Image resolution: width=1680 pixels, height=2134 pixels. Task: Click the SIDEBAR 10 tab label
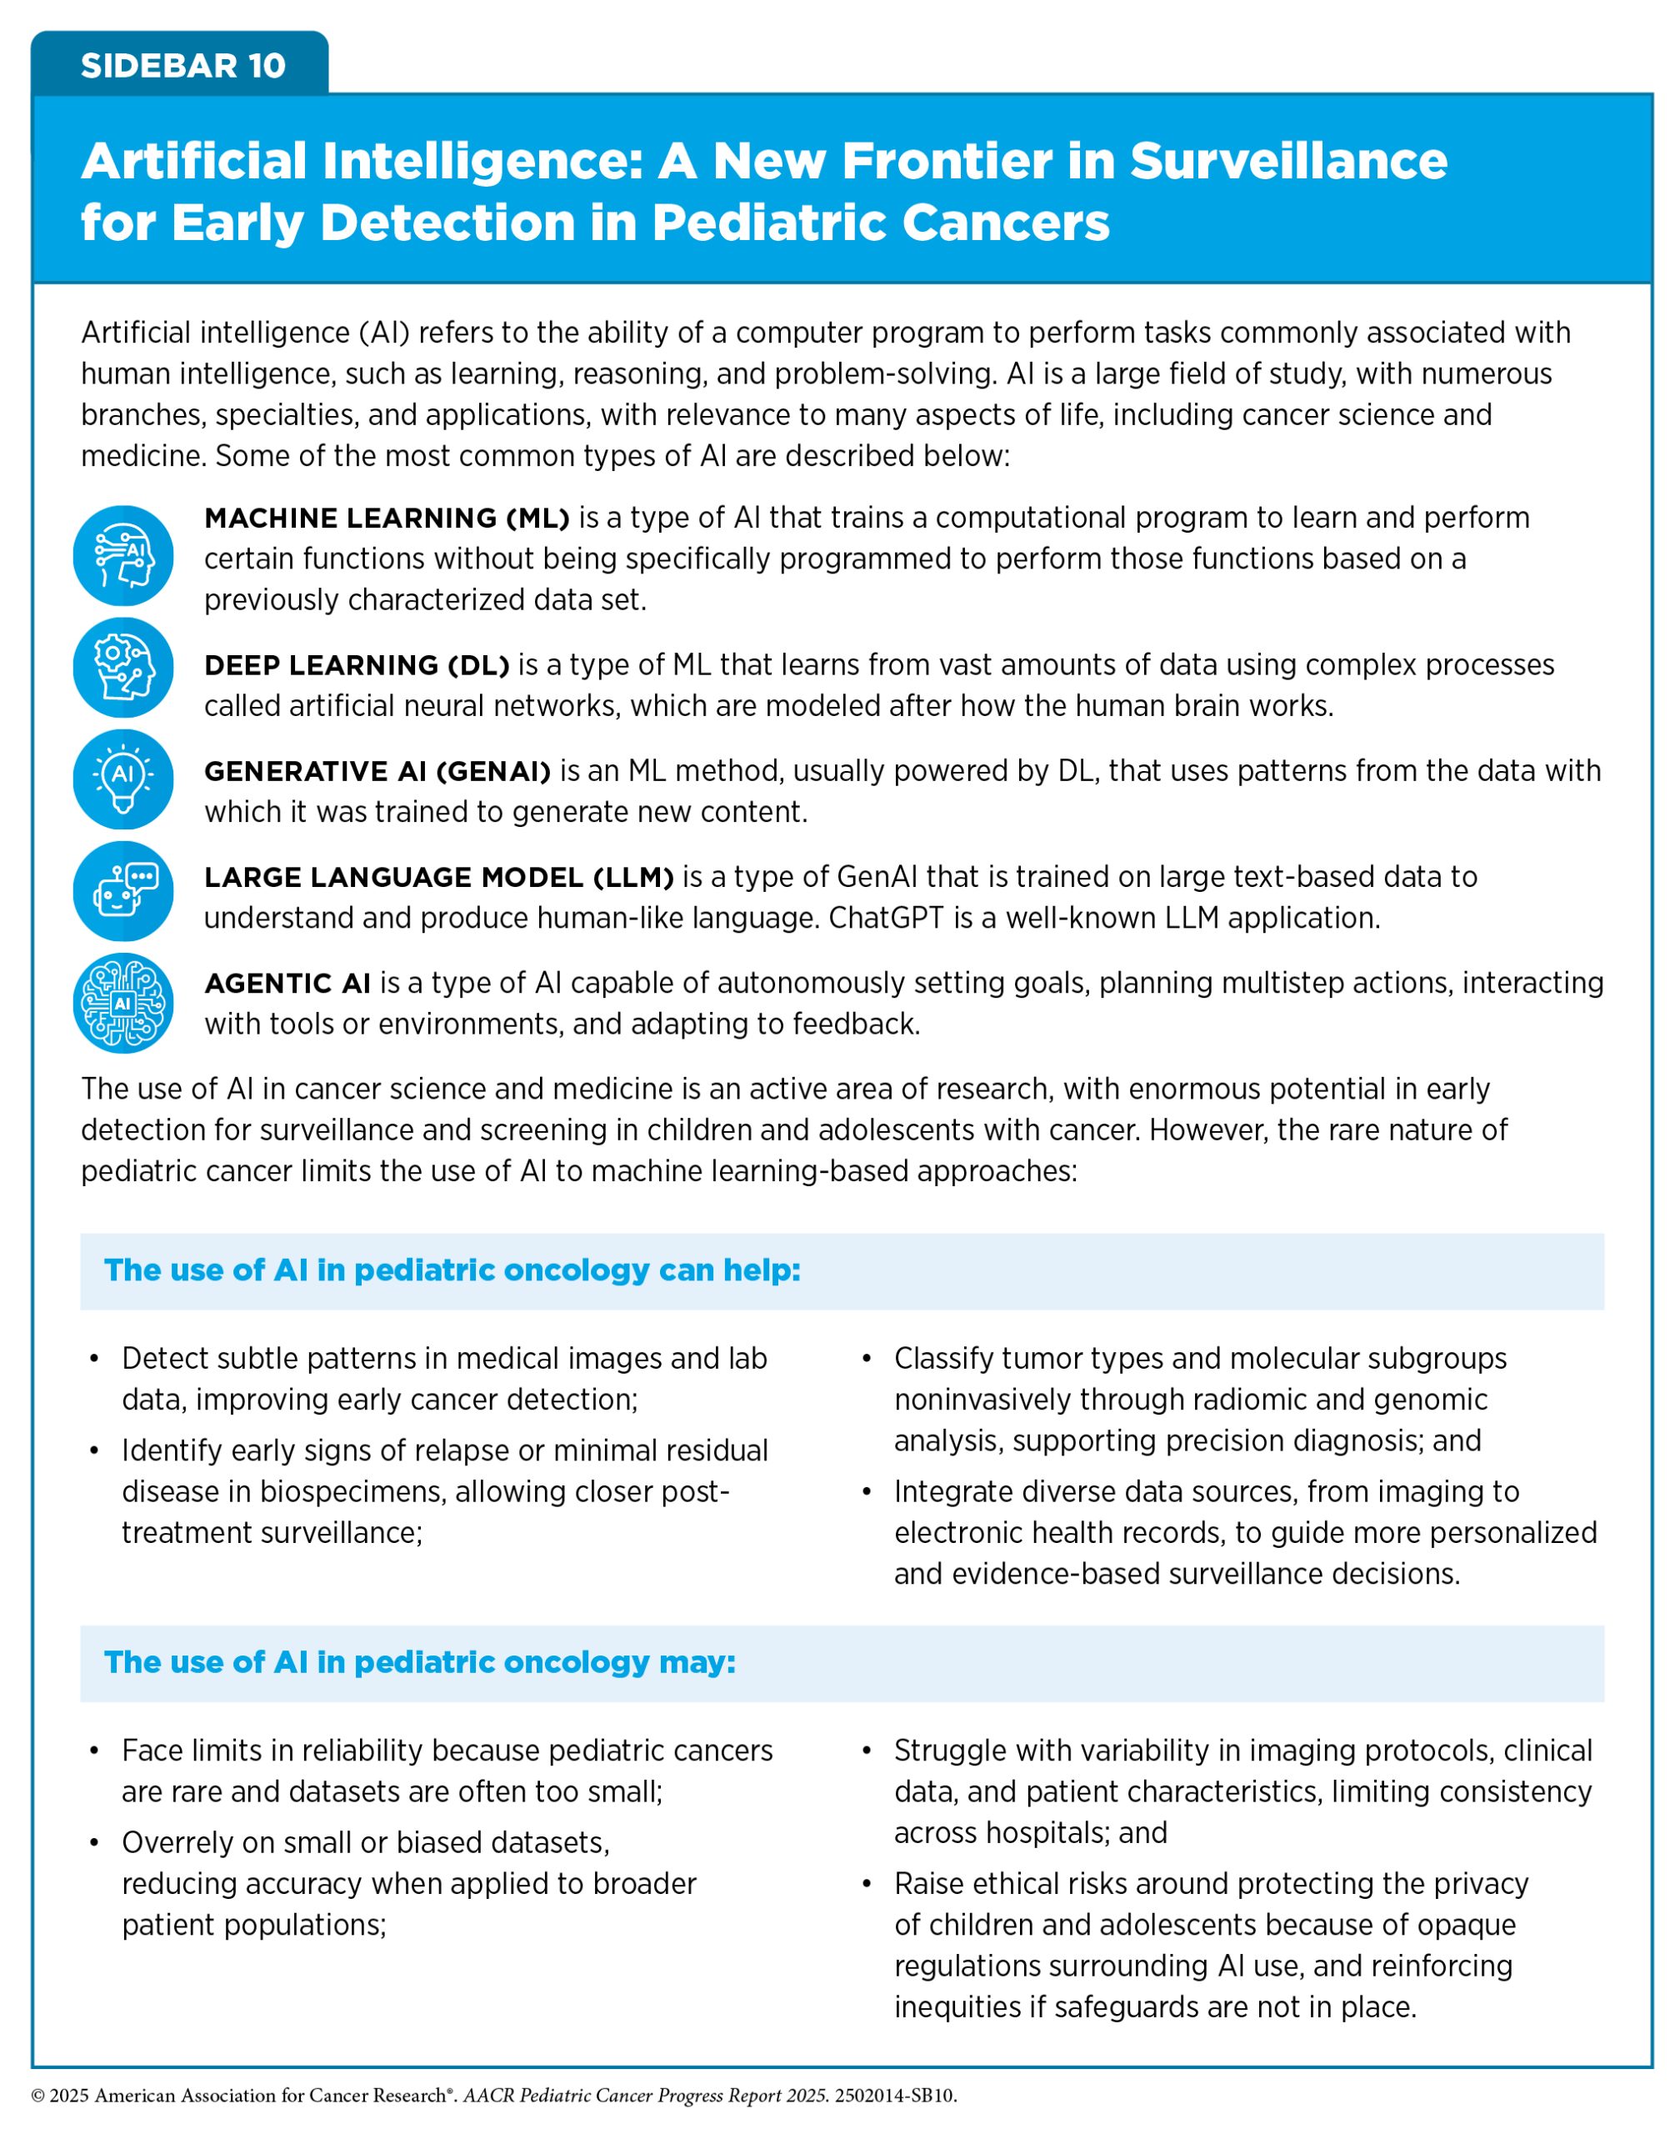pyautogui.click(x=183, y=66)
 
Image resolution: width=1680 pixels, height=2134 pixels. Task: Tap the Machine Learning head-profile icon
pyautogui.click(x=123, y=556)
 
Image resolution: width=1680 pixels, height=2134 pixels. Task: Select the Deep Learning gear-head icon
pyautogui.click(x=123, y=667)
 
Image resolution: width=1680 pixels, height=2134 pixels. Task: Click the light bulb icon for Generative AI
pyautogui.click(x=123, y=779)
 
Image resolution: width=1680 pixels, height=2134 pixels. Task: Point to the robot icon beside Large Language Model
pyautogui.click(x=123, y=890)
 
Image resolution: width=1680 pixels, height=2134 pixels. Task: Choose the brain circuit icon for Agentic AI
pyautogui.click(x=123, y=1003)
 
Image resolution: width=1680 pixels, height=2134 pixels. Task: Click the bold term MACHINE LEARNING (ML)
pyautogui.click(x=387, y=518)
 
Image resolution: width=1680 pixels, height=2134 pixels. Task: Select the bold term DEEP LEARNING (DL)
pyautogui.click(x=356, y=665)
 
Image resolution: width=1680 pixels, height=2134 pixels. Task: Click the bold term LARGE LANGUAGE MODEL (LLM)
pyautogui.click(x=438, y=877)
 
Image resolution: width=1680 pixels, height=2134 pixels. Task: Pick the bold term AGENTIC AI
pyautogui.click(x=287, y=983)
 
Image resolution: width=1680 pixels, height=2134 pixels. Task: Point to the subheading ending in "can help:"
pyautogui.click(x=452, y=1270)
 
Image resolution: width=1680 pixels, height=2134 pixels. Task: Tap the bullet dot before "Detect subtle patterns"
pyautogui.click(x=94, y=1359)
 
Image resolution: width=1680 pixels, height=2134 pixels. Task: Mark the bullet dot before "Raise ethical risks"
pyautogui.click(x=867, y=1884)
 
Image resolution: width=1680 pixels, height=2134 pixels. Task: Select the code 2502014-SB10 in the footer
pyautogui.click(x=895, y=2096)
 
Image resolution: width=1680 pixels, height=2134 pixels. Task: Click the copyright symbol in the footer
pyautogui.click(x=38, y=2096)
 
